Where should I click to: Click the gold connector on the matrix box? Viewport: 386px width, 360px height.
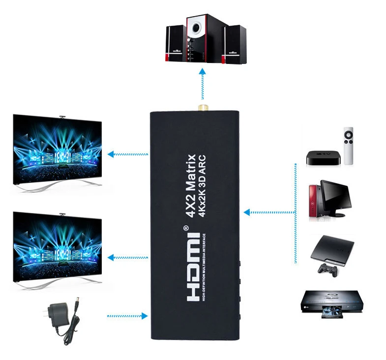coord(202,107)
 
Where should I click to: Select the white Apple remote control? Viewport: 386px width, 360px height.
coord(348,146)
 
